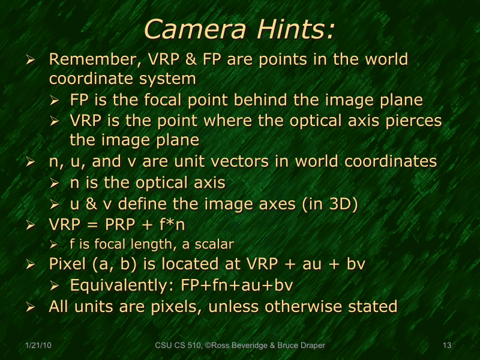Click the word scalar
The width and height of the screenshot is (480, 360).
[x=214, y=244]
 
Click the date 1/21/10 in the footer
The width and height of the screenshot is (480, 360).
[x=38, y=346]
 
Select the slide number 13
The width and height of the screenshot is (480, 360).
[x=446, y=346]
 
